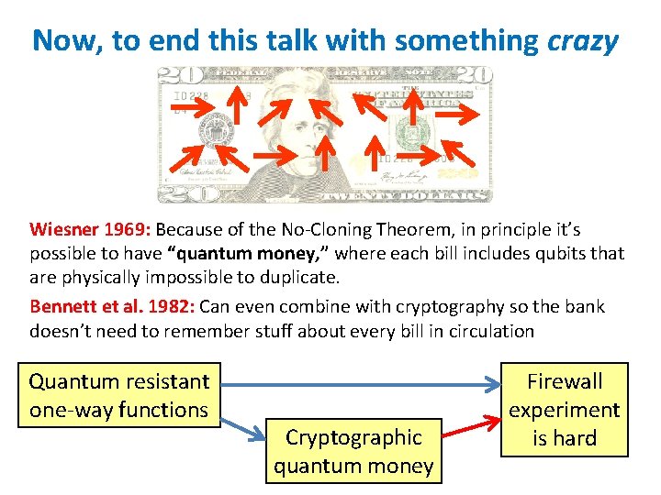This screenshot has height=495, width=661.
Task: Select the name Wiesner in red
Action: tap(62, 228)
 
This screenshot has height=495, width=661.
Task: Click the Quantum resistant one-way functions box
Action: tap(119, 395)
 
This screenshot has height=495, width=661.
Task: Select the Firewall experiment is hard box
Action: tap(565, 409)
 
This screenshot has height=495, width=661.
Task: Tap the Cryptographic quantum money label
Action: tap(353, 451)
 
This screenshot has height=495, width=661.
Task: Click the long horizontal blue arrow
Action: tap(358, 382)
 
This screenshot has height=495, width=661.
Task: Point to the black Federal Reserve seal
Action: tap(218, 131)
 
